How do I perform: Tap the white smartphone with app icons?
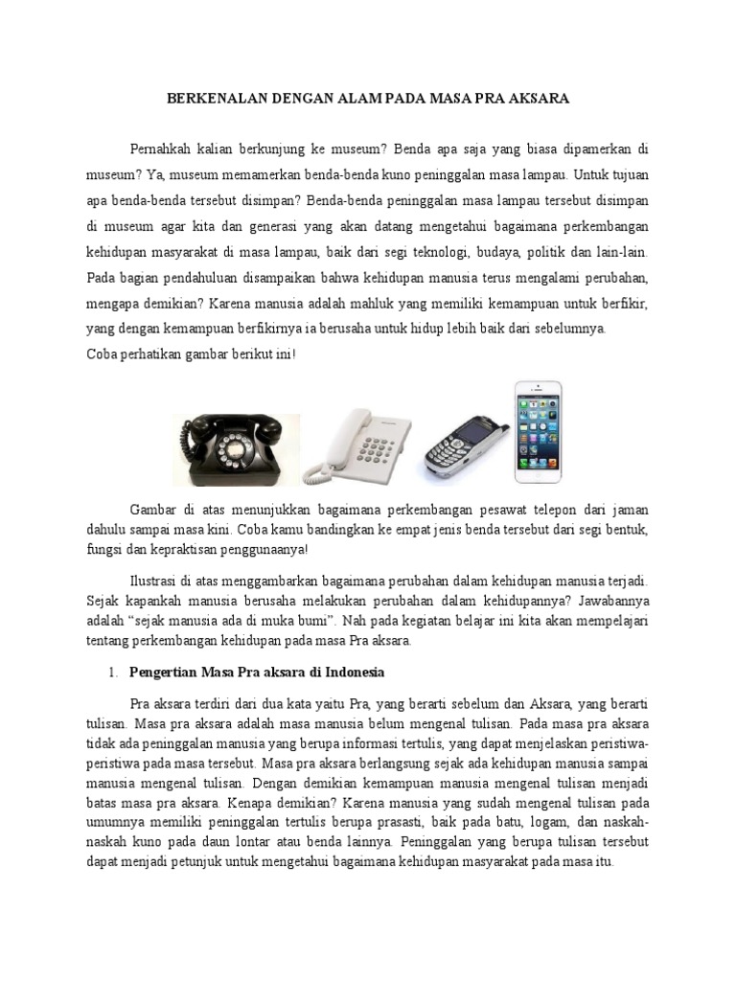click(x=539, y=432)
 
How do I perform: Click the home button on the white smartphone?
click(x=539, y=473)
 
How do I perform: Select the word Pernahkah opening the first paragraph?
click(x=163, y=149)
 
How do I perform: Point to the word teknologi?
click(x=434, y=253)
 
